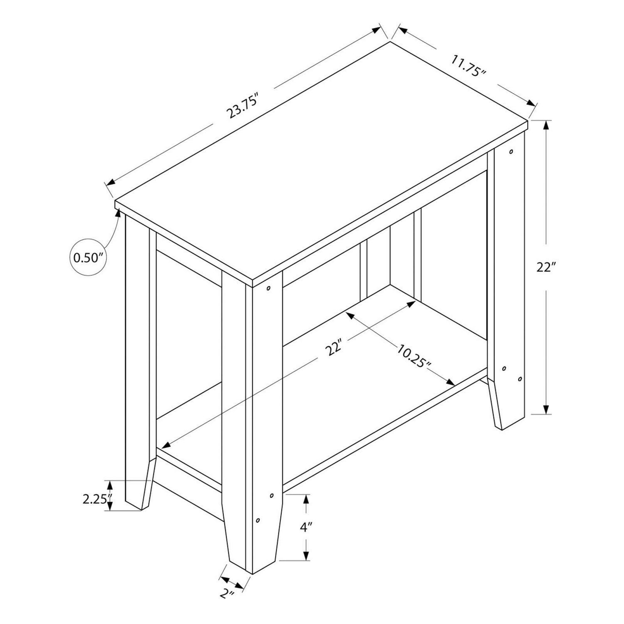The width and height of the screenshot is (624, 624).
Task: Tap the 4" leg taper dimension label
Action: point(306,528)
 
